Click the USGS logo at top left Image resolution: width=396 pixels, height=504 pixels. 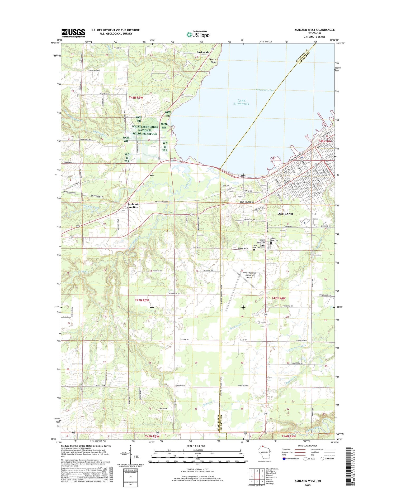73,33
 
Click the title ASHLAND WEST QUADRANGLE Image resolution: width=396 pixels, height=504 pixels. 314,30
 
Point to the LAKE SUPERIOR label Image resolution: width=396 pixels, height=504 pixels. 241,102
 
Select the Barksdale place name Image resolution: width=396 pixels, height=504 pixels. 203,52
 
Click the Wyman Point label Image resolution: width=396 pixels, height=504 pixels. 213,61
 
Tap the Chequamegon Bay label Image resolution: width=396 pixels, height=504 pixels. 264,90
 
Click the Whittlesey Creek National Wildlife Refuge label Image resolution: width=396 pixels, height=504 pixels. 145,130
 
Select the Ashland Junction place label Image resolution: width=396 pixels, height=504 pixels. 133,206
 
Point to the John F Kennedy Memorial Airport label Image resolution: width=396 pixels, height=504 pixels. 249,275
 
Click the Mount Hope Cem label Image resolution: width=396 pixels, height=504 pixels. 274,239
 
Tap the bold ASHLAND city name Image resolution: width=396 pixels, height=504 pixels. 285,214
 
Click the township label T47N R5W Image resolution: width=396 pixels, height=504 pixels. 142,300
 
